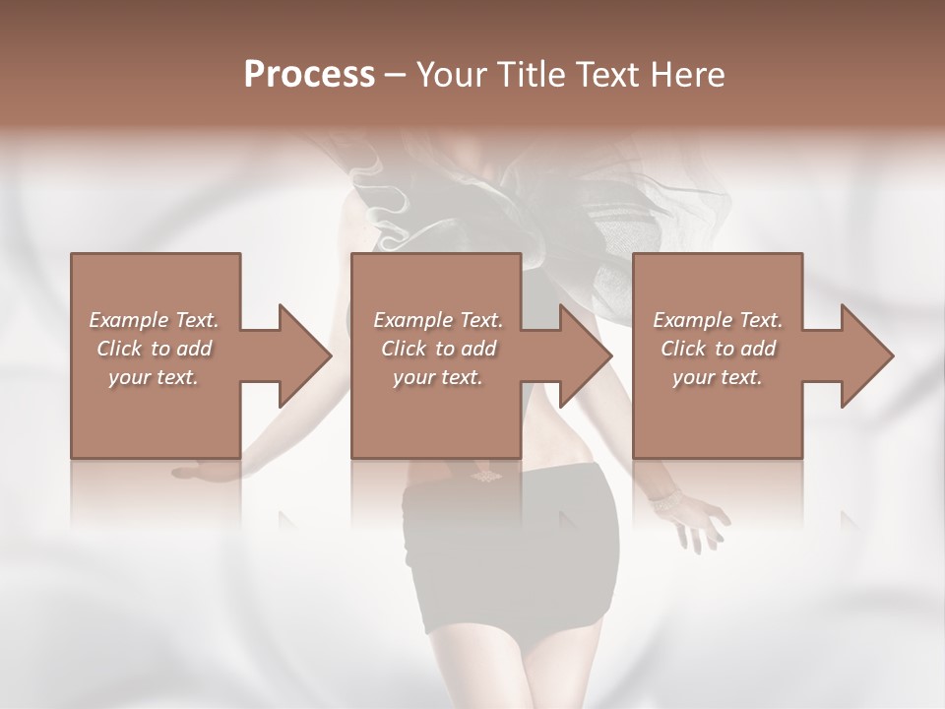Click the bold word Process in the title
(x=309, y=75)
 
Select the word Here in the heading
(x=689, y=75)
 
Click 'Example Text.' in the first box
(x=155, y=320)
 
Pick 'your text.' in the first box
(x=155, y=377)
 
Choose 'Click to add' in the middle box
(x=438, y=349)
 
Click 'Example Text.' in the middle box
(x=438, y=320)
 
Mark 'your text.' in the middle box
(x=438, y=377)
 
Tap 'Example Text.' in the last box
(x=718, y=320)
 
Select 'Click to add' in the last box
(x=718, y=349)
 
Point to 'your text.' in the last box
(x=718, y=377)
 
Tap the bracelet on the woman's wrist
(x=665, y=501)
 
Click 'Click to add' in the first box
(x=155, y=349)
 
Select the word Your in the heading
(x=449, y=75)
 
